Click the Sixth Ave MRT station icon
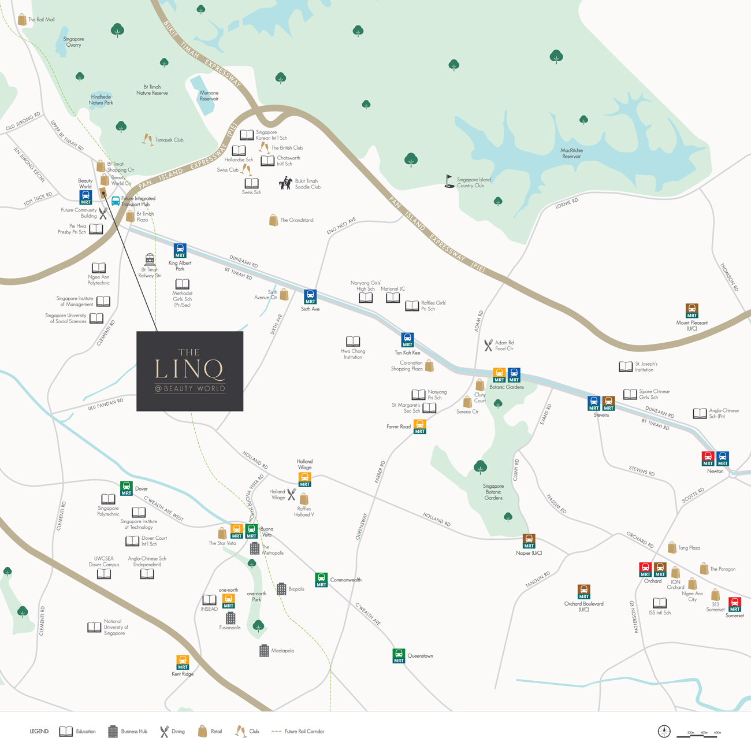click(x=310, y=296)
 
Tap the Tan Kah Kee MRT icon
click(x=407, y=340)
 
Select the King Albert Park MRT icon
click(x=180, y=251)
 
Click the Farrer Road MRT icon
click(x=420, y=427)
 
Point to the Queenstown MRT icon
click(x=399, y=656)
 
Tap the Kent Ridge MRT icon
click(x=183, y=662)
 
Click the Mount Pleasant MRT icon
click(x=692, y=311)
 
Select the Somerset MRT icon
click(x=735, y=605)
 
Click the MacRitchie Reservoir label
click(x=571, y=153)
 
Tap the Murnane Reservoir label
click(x=209, y=95)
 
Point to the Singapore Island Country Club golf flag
click(x=449, y=181)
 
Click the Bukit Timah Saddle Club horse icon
click(x=285, y=183)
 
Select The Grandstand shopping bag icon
click(x=274, y=220)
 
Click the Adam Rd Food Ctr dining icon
click(x=488, y=346)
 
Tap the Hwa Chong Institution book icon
click(x=353, y=342)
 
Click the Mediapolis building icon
click(x=264, y=651)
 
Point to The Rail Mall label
click(x=41, y=20)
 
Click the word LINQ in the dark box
click(x=189, y=369)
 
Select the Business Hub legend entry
click(x=128, y=731)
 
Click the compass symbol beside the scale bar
click(x=664, y=731)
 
